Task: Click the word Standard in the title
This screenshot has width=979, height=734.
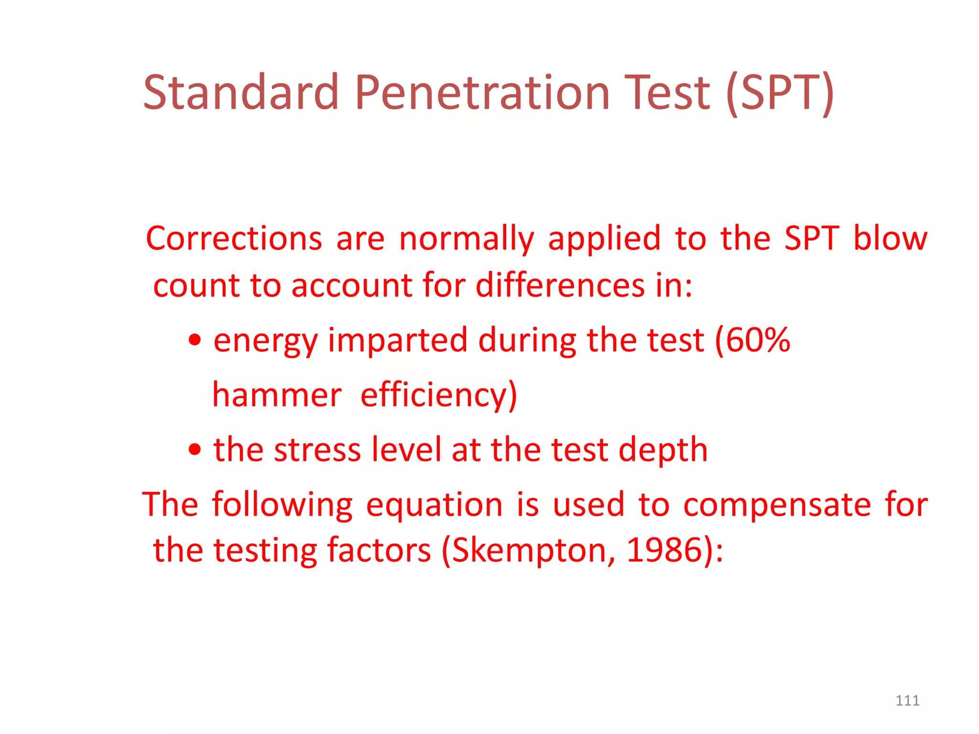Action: (241, 92)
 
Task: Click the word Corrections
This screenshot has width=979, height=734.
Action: (234, 238)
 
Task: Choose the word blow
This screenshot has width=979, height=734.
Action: (890, 238)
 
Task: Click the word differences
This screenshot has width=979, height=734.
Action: (560, 285)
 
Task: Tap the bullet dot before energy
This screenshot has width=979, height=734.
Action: (195, 340)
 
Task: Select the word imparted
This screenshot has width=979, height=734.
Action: (397, 341)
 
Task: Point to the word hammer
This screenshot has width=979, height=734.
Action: (277, 395)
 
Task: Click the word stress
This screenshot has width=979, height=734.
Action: (317, 450)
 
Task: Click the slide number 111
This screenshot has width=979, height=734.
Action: (907, 701)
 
